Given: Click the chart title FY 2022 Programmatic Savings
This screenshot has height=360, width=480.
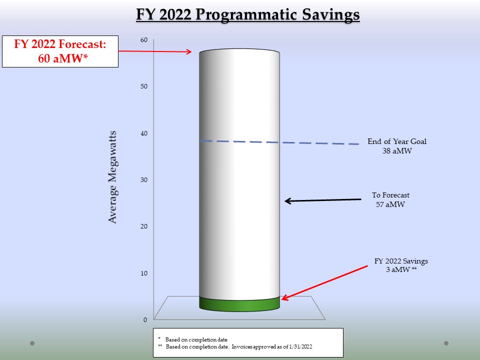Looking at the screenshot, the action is click(247, 14).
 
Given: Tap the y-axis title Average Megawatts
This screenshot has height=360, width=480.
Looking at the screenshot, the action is click(112, 177).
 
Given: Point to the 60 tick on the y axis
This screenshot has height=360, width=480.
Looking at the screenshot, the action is click(144, 40).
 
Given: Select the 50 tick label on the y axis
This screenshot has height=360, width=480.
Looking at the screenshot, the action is click(144, 86).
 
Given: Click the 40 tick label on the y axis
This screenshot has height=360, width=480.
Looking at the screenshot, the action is click(144, 133).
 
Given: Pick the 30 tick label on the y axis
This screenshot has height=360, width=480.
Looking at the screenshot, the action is click(144, 179).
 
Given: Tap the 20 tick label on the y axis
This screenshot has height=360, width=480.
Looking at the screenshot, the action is click(144, 226).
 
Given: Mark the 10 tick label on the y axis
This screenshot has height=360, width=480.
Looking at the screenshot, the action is click(144, 273).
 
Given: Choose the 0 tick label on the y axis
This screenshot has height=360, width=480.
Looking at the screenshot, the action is click(145, 319).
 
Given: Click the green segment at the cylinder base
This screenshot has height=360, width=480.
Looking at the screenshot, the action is click(239, 305).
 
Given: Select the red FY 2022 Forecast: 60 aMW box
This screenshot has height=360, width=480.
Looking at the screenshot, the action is click(60, 51).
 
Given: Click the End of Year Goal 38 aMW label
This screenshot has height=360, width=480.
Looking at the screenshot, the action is click(397, 146).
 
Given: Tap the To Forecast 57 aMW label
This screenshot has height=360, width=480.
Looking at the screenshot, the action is click(390, 199).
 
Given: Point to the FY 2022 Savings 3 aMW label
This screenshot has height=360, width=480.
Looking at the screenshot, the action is click(401, 265).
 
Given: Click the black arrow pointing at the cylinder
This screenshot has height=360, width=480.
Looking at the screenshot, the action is click(323, 200).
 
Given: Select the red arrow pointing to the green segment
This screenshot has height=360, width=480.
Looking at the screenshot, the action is click(324, 282).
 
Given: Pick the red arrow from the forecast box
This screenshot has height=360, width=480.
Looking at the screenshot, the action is click(155, 51).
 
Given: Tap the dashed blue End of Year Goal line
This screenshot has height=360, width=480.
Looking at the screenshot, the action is click(279, 142).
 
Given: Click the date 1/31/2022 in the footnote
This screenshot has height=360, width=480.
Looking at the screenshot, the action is click(300, 347).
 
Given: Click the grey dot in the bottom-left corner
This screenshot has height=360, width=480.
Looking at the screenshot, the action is click(32, 343).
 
